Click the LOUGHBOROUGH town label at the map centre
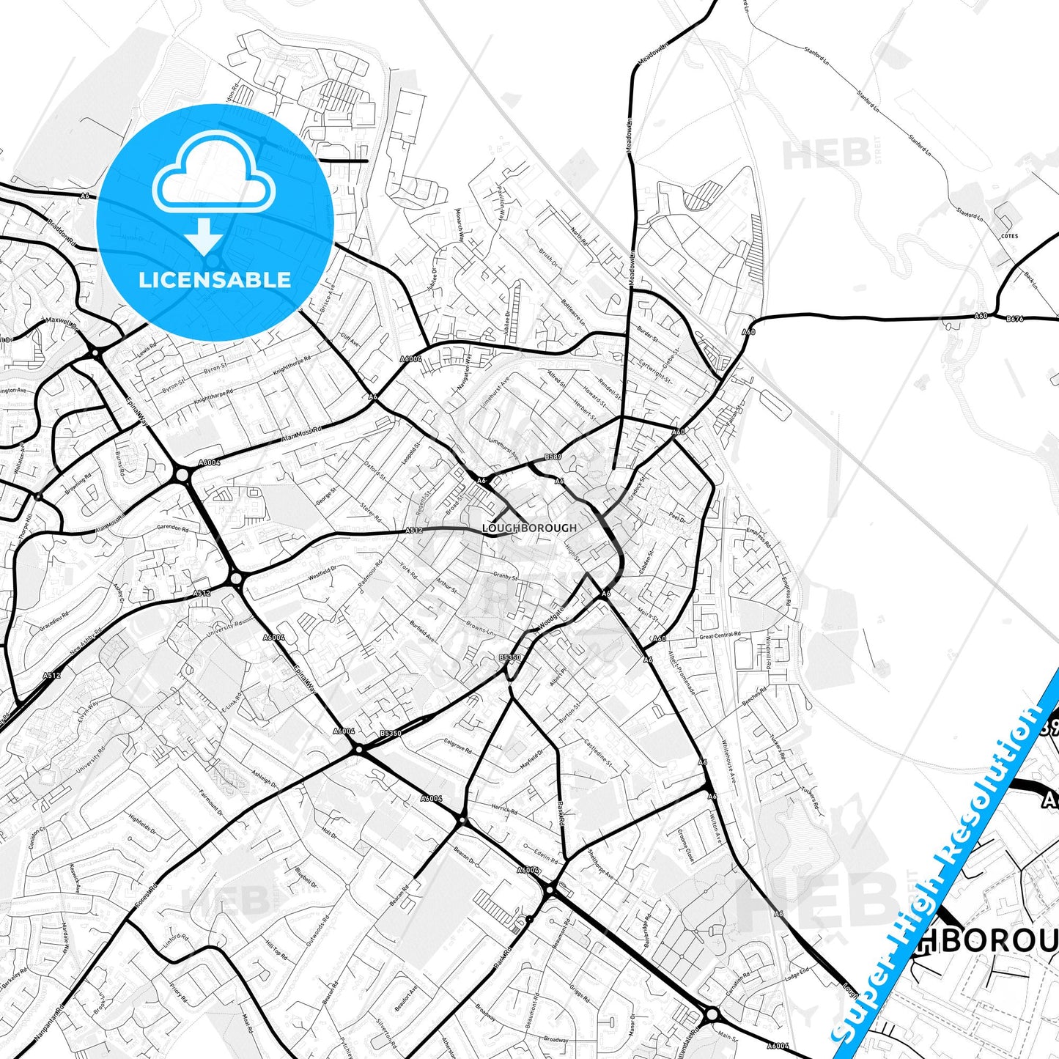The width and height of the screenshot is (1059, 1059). [x=529, y=528]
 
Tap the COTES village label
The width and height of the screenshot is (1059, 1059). [x=1009, y=236]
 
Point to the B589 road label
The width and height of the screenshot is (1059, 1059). [x=553, y=457]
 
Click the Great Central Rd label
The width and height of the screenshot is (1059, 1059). [x=720, y=635]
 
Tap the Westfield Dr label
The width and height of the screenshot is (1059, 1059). [x=322, y=572]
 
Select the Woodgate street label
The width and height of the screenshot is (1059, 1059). [x=551, y=616]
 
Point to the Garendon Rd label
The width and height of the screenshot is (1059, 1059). [x=173, y=528]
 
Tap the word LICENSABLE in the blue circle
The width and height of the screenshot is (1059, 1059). [x=215, y=279]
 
